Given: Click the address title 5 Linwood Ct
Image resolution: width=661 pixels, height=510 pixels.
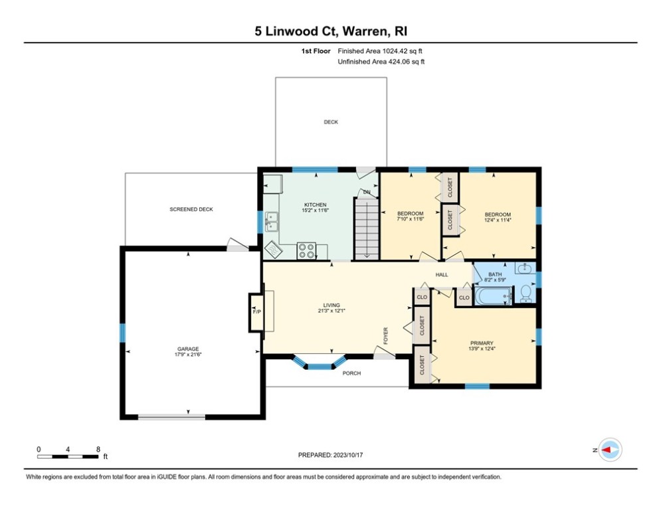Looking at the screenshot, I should tap(330, 31).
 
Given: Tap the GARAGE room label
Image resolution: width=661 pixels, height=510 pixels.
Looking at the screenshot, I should tap(187, 349).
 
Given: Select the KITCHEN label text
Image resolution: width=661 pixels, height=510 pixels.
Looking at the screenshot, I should tap(315, 205).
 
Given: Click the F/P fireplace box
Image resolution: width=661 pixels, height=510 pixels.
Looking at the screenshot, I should tap(256, 311).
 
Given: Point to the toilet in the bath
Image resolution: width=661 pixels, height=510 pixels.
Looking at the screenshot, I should tap(526, 293).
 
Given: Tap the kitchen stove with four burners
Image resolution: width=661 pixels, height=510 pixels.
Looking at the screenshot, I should tap(306, 251).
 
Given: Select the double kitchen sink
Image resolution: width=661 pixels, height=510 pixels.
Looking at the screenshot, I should tap(271, 222).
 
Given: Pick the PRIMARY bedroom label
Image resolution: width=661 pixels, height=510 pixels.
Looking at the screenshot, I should tap(481, 343).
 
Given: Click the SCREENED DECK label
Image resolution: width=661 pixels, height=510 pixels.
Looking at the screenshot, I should tap(191, 209).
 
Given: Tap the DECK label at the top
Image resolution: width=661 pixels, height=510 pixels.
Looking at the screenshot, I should tap(331, 122).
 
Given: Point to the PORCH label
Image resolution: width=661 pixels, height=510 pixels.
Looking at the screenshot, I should tap(351, 373).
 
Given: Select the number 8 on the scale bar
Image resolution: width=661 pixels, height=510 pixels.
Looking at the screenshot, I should tap(98, 449).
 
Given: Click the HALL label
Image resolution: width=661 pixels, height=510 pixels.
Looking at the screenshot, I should tap(442, 275).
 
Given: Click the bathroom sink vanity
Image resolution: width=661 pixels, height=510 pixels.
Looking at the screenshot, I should tap(525, 268).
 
